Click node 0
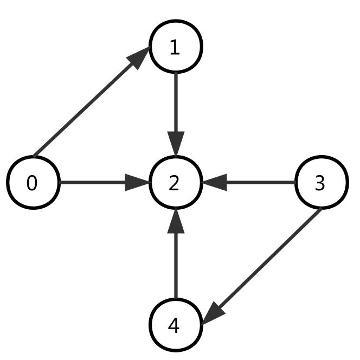click(33, 183)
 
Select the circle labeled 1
click(176, 47)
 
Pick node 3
click(321, 183)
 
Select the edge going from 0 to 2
click(92, 183)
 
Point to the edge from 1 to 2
click(176, 103)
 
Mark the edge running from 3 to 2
click(260, 183)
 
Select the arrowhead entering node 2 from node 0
click(138, 183)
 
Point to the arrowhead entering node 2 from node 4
click(176, 221)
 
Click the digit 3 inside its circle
click(320, 184)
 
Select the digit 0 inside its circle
click(32, 184)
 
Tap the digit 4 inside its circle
click(173, 326)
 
